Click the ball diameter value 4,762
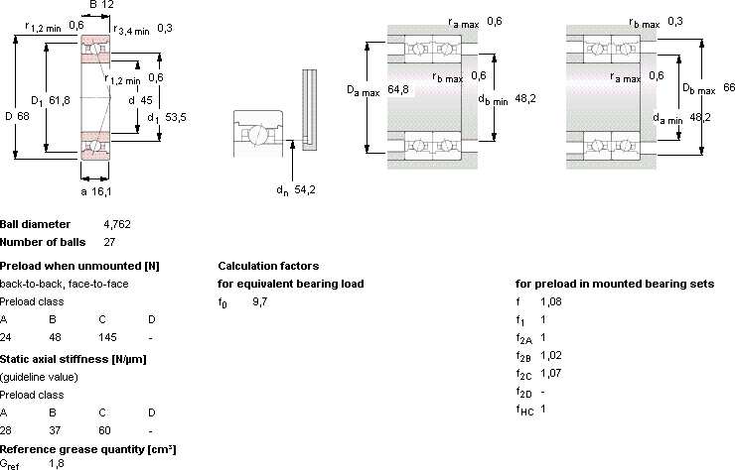tap(117, 225)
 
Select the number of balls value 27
tap(109, 242)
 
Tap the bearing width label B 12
tap(101, 5)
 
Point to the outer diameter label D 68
tap(17, 116)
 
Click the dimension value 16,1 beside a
tap(101, 191)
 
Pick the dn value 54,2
tap(305, 189)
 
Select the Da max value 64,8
tap(398, 89)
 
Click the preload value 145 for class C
tap(107, 337)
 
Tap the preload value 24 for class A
tap(6, 337)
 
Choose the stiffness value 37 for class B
tap(55, 430)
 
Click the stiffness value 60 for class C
tap(104, 430)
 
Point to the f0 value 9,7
tap(260, 302)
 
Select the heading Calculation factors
tap(268, 266)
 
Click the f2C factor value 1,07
tap(551, 373)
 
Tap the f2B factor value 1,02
tap(551, 355)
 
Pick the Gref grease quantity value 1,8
tap(57, 463)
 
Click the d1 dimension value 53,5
tap(176, 117)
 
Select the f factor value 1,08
tap(551, 302)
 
